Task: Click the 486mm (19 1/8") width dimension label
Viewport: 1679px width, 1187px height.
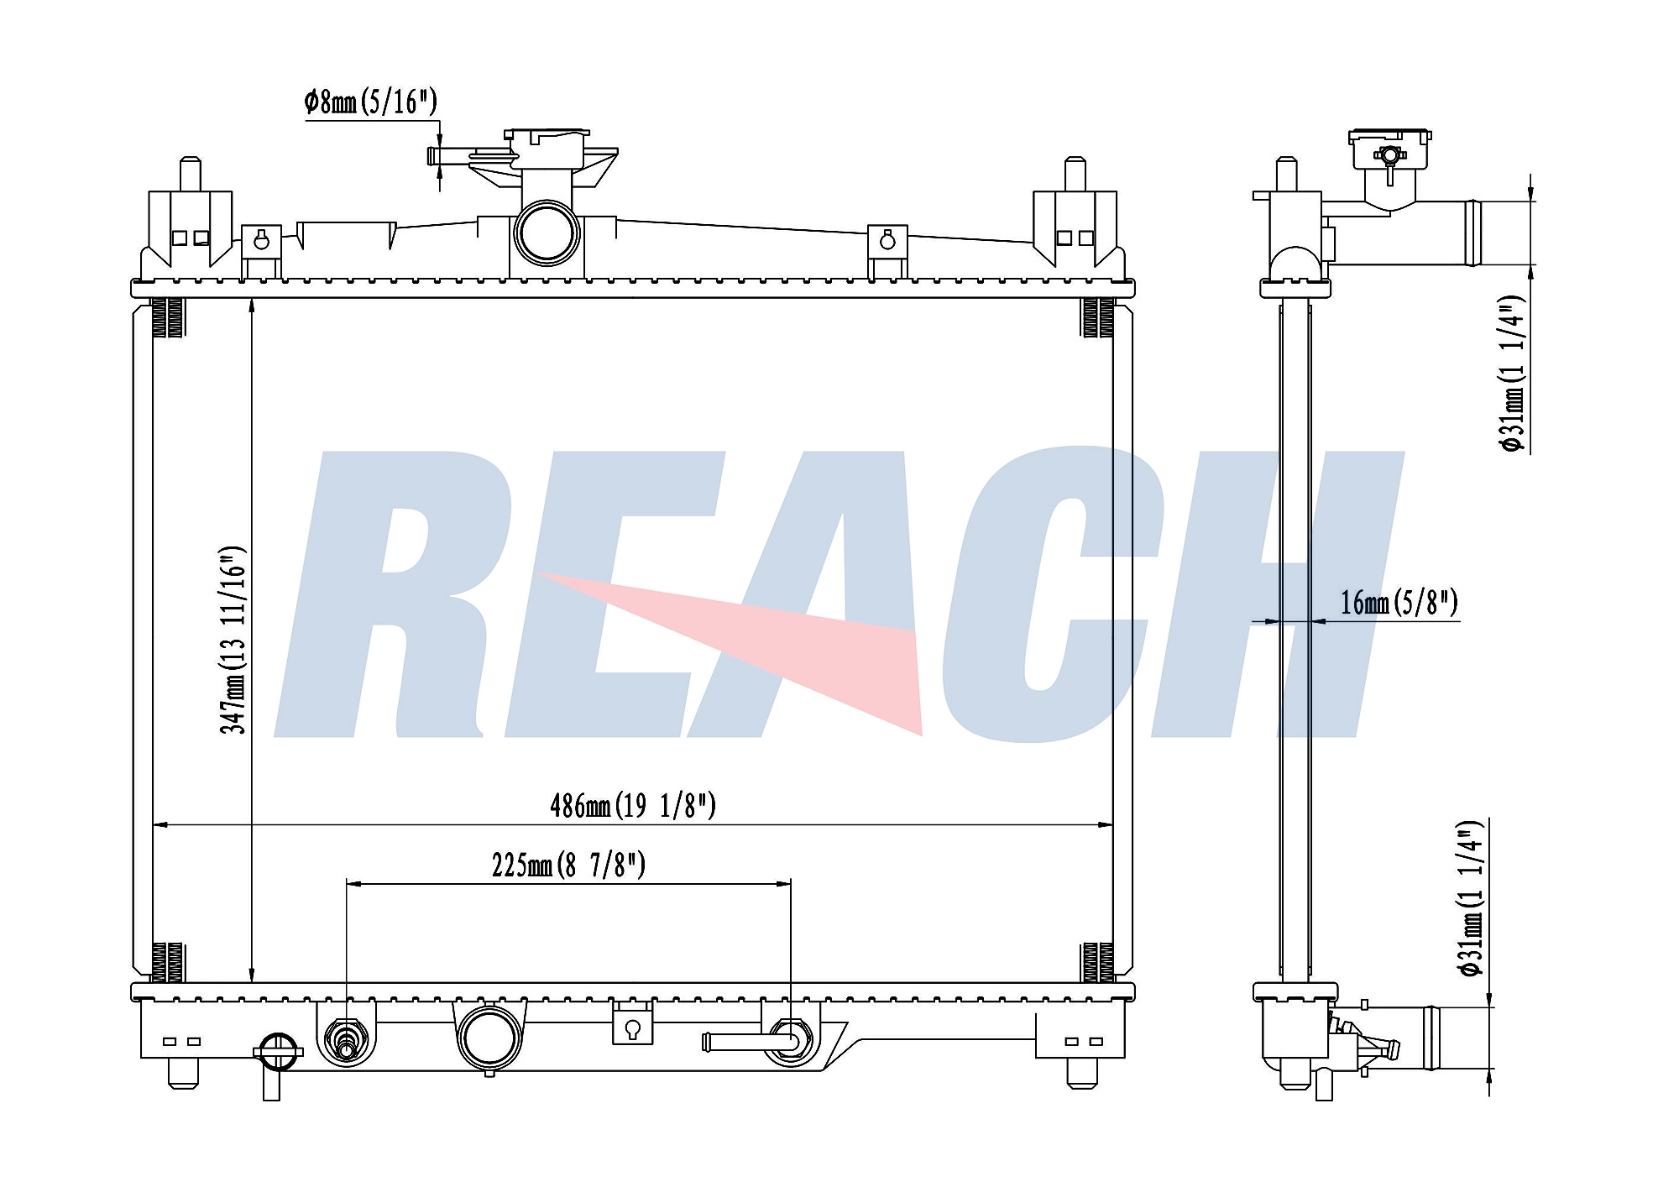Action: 633,806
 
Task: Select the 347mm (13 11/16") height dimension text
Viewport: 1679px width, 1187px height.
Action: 233,640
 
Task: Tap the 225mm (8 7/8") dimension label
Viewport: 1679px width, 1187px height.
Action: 568,865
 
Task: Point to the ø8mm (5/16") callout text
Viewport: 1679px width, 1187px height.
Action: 370,102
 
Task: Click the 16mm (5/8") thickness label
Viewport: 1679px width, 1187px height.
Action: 1399,603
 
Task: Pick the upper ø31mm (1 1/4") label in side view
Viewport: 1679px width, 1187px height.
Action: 1513,374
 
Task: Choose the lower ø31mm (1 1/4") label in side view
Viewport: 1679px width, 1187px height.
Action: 1472,898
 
